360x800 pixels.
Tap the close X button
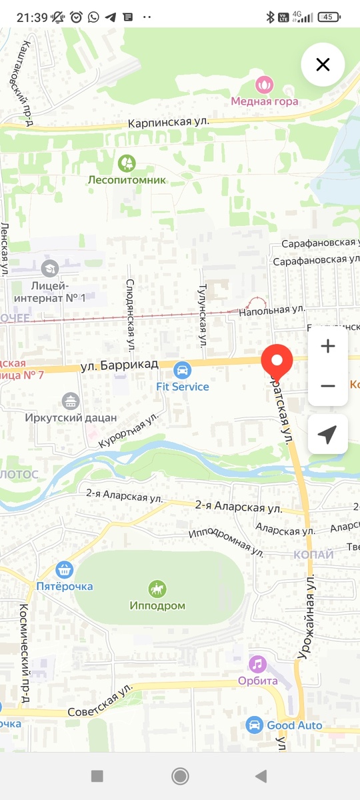click(x=323, y=65)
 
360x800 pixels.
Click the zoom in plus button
click(x=327, y=347)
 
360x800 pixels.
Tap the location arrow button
click(x=327, y=435)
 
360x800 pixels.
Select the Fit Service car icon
click(x=182, y=370)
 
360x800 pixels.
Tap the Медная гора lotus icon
click(x=265, y=85)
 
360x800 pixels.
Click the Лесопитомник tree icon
click(x=127, y=163)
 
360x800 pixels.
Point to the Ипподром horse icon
click(x=157, y=589)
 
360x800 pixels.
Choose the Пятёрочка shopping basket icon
click(x=65, y=569)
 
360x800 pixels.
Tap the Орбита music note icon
click(x=257, y=664)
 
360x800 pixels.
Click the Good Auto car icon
click(x=253, y=725)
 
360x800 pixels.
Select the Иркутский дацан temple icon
click(x=71, y=401)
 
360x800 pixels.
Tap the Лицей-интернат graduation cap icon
click(x=49, y=269)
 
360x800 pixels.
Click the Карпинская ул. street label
click(x=169, y=123)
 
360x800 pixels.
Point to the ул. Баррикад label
click(x=119, y=365)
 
